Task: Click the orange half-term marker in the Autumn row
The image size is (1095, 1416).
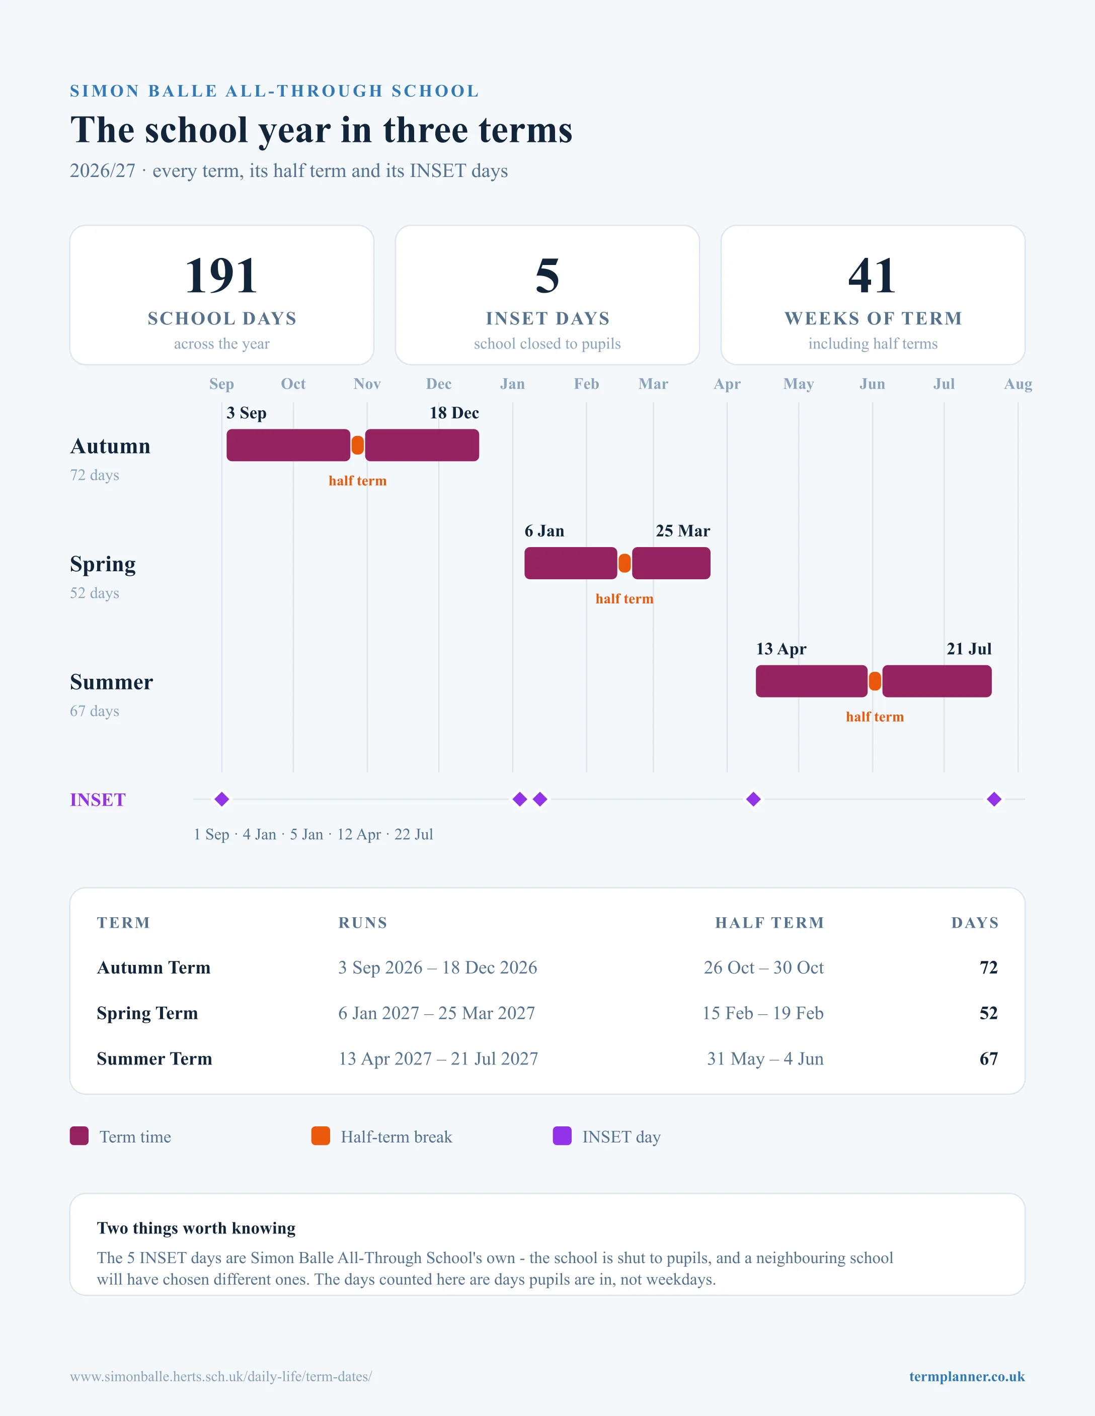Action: click(357, 446)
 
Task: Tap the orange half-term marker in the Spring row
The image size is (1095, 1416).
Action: click(624, 563)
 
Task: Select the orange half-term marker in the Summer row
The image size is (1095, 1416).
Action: click(875, 681)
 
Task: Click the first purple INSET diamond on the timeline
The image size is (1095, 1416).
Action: click(222, 800)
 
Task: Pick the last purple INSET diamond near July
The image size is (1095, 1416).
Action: click(994, 800)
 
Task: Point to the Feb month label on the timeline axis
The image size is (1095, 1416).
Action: click(586, 384)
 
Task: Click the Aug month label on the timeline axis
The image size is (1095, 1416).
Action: click(1018, 384)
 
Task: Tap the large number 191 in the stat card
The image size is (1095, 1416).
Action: click(222, 276)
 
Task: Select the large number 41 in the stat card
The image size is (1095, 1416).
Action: click(873, 276)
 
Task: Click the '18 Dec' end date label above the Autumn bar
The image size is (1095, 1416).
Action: click(454, 413)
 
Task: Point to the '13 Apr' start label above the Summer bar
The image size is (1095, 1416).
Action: click(781, 649)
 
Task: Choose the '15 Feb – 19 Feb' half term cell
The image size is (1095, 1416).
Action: click(763, 1013)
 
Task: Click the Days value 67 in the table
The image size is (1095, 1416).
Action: click(989, 1059)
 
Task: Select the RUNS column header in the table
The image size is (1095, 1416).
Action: click(363, 923)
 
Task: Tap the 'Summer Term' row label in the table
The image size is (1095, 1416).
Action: click(154, 1059)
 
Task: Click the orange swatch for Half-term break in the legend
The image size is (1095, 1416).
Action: click(321, 1136)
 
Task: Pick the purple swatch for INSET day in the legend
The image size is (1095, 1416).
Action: click(562, 1136)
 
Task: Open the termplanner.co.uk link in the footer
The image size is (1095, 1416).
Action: click(967, 1376)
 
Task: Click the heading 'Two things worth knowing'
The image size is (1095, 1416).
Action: click(196, 1228)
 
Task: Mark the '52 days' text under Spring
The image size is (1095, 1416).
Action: click(95, 593)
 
